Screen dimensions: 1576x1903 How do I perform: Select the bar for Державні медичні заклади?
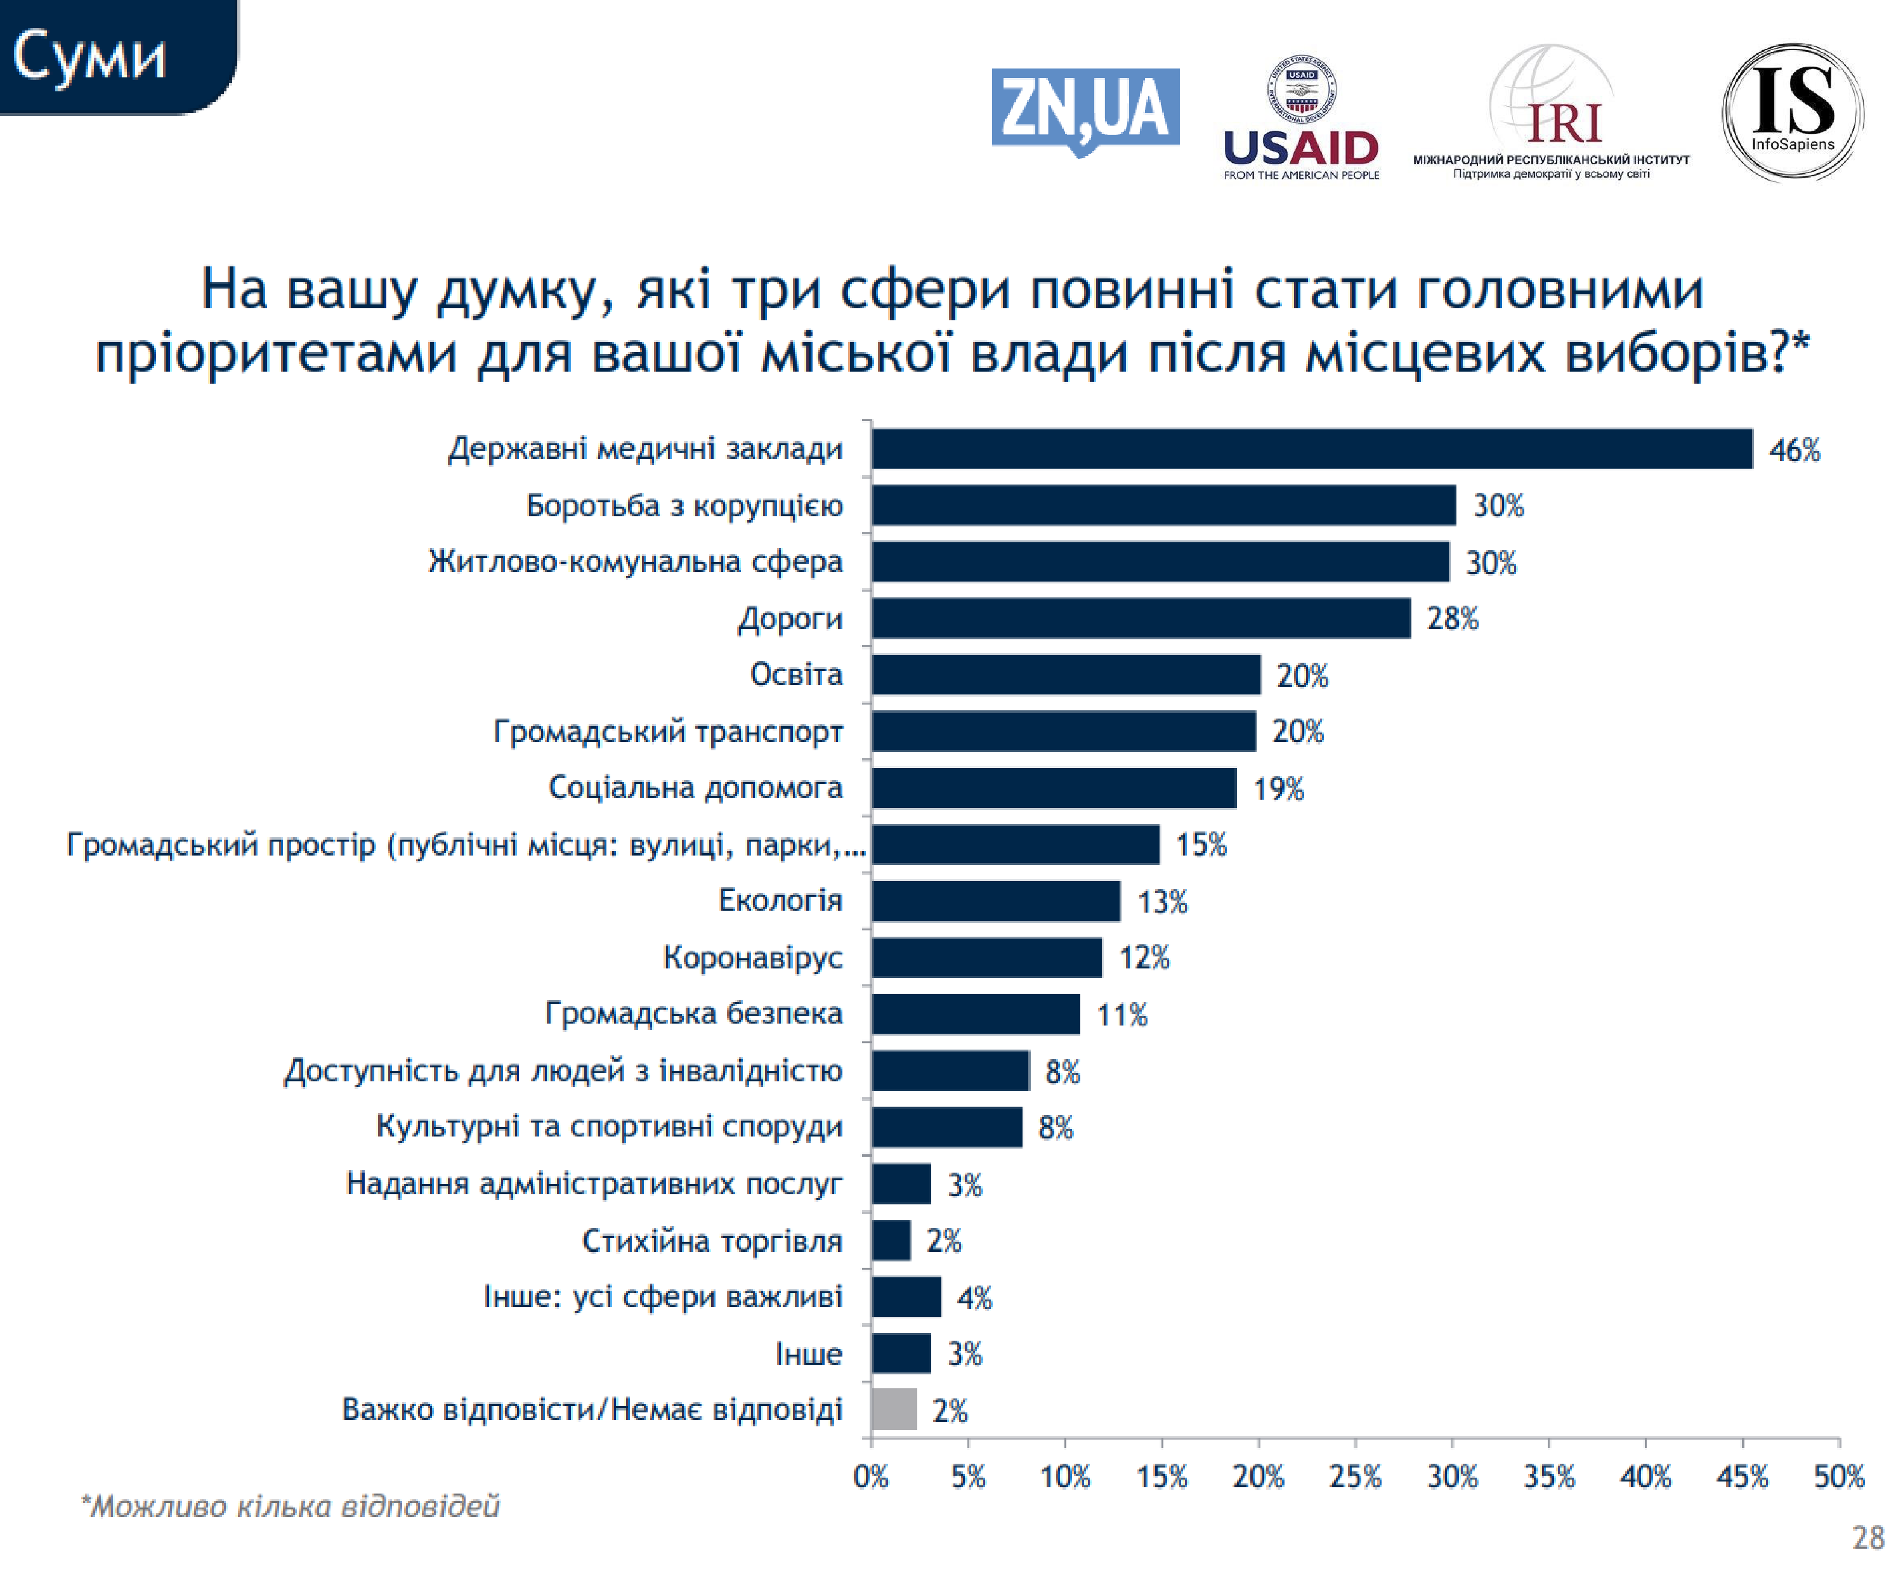point(1311,449)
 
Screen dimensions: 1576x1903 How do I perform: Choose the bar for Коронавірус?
point(986,958)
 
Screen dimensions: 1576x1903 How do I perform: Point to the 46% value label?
point(1795,450)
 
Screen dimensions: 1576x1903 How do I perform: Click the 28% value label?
point(1452,618)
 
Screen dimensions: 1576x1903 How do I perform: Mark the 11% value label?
point(1122,1015)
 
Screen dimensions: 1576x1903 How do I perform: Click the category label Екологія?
point(780,901)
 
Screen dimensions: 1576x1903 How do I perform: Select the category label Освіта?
point(795,675)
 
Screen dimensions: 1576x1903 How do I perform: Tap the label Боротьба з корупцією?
point(684,505)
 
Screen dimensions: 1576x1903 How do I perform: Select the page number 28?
point(1867,1538)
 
